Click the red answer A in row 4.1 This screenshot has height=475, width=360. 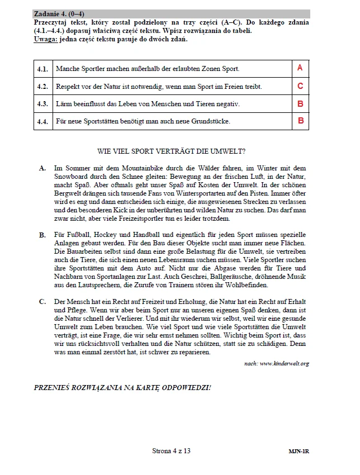[x=300, y=68]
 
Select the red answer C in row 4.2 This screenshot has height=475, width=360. [x=300, y=86]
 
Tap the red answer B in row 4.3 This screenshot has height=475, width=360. [x=300, y=103]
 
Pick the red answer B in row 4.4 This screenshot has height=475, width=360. [x=300, y=120]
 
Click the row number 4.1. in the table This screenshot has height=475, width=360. [x=43, y=69]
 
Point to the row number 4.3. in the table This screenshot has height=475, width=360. [x=43, y=104]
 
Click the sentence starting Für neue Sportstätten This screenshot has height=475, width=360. [x=143, y=121]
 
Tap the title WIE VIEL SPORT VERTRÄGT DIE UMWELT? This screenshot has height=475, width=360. [x=171, y=151]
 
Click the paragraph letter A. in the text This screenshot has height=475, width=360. [x=43, y=168]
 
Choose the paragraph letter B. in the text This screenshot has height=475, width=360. [x=43, y=235]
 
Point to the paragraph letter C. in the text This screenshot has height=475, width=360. [x=43, y=302]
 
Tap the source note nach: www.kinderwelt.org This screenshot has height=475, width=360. [x=276, y=364]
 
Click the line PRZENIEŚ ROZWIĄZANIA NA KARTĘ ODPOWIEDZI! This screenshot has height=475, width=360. [x=122, y=387]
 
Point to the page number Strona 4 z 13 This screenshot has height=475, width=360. [x=171, y=451]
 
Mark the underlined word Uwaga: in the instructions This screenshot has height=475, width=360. [x=45, y=39]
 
